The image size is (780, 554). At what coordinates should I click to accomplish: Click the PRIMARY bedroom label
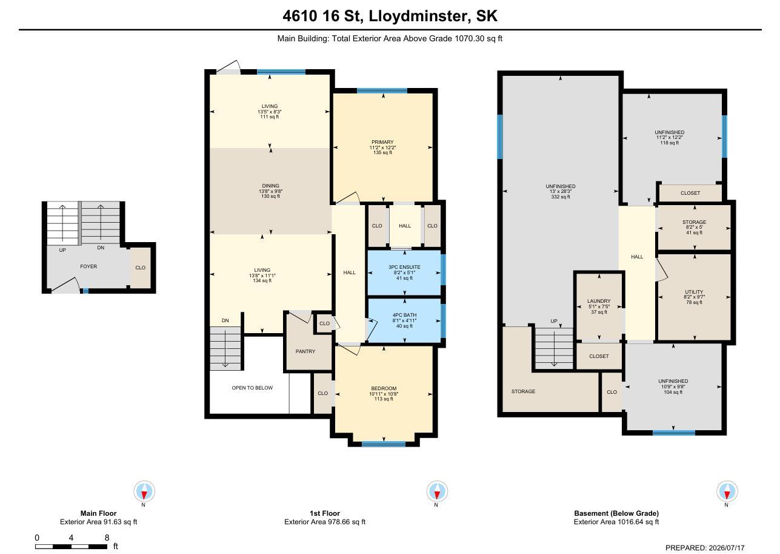(382, 142)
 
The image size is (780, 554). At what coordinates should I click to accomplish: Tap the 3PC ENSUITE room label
(404, 267)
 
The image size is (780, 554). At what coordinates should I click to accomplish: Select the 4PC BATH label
(404, 315)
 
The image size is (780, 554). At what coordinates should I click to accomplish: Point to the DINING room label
(270, 186)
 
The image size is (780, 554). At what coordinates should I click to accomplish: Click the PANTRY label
(305, 351)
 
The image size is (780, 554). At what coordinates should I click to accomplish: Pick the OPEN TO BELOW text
(253, 388)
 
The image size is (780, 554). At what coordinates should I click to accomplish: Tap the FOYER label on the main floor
(88, 266)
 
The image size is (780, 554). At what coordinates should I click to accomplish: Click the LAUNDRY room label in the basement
(599, 301)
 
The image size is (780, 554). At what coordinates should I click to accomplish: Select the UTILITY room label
(694, 292)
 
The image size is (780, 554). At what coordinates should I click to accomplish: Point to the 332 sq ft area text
(561, 197)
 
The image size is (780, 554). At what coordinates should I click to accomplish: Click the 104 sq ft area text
(673, 392)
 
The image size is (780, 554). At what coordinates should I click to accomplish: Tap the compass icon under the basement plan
(727, 492)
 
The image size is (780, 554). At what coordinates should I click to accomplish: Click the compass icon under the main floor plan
(144, 492)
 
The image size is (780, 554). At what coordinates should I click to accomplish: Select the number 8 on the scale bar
(107, 537)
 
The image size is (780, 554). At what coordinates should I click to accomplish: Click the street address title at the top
(390, 16)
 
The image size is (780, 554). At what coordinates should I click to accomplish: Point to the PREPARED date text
(705, 548)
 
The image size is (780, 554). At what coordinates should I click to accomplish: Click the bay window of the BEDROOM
(384, 444)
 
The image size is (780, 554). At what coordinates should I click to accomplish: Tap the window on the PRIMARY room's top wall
(382, 91)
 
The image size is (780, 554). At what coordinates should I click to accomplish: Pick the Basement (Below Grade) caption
(616, 513)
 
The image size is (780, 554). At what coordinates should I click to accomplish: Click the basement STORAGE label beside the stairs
(523, 391)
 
